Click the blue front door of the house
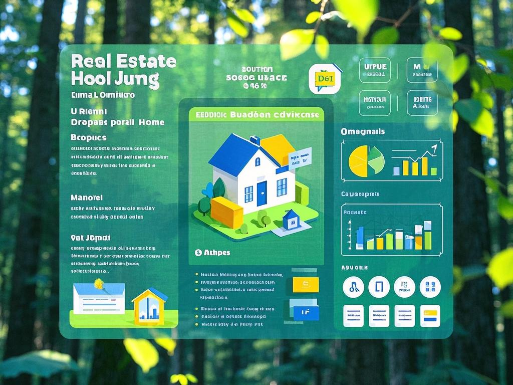click(x=262, y=193)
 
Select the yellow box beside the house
click(x=226, y=212)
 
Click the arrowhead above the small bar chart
click(x=433, y=147)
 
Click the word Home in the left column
click(x=151, y=122)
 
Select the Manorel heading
click(x=87, y=198)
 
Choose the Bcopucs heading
click(x=89, y=137)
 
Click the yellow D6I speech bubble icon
click(x=325, y=79)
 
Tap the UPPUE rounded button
click(x=375, y=70)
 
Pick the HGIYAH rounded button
click(x=375, y=102)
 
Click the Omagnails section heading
click(x=363, y=131)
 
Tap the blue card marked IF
click(x=302, y=311)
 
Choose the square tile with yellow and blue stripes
click(x=430, y=315)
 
